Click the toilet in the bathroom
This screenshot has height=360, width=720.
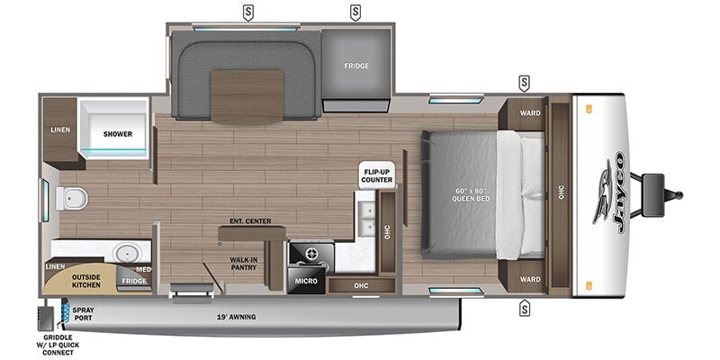tap(72, 198)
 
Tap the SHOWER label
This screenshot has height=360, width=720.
tap(118, 134)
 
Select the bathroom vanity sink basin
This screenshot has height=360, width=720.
tap(128, 253)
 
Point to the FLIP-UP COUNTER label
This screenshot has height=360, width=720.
tap(376, 175)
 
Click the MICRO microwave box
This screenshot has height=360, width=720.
tap(306, 281)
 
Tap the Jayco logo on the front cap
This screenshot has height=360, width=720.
tap(612, 192)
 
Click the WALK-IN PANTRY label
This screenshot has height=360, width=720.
tap(243, 264)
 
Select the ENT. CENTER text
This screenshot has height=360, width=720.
tap(250, 221)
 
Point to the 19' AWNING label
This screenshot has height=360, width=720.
tap(236, 317)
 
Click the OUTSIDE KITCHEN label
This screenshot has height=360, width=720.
tap(85, 281)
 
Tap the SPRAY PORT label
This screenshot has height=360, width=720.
tap(83, 313)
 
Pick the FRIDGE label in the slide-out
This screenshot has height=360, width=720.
tap(356, 66)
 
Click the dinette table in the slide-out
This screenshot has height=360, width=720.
tap(247, 96)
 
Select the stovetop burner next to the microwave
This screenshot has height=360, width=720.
tap(310, 254)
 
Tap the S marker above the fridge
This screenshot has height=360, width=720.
tap(355, 13)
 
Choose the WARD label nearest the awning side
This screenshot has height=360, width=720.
tap(530, 279)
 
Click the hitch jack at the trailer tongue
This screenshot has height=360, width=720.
tap(652, 194)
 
